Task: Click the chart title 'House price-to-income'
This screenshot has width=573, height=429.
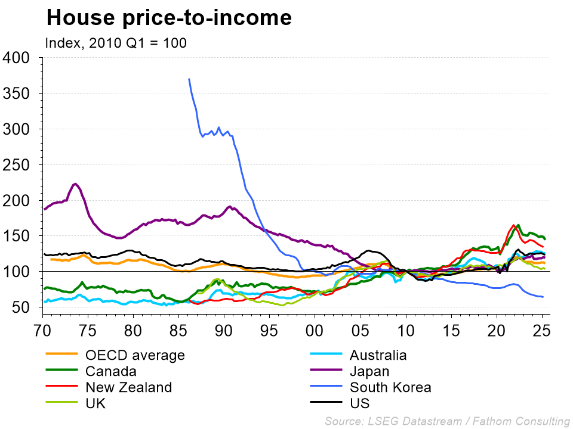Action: (169, 18)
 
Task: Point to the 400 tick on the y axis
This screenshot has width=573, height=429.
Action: (16, 58)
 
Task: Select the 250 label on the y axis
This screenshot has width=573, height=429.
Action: (16, 165)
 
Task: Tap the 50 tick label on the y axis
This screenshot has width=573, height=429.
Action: (21, 308)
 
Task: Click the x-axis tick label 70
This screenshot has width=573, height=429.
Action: (42, 329)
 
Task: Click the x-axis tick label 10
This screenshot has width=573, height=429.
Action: (405, 329)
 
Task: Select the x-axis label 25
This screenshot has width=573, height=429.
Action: (541, 329)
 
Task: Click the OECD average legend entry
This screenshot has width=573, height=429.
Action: (135, 356)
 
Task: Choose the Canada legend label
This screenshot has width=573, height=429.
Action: (111, 372)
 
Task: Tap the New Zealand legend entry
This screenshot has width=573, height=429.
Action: (129, 388)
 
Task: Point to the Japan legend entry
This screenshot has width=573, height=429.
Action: (370, 372)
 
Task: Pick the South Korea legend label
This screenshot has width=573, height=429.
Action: (391, 388)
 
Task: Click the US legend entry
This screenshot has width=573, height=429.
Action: (361, 403)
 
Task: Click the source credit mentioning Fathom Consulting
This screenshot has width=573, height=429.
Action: (447, 421)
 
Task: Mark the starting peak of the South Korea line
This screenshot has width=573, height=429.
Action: (189, 79)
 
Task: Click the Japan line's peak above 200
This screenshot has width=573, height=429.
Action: (75, 184)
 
